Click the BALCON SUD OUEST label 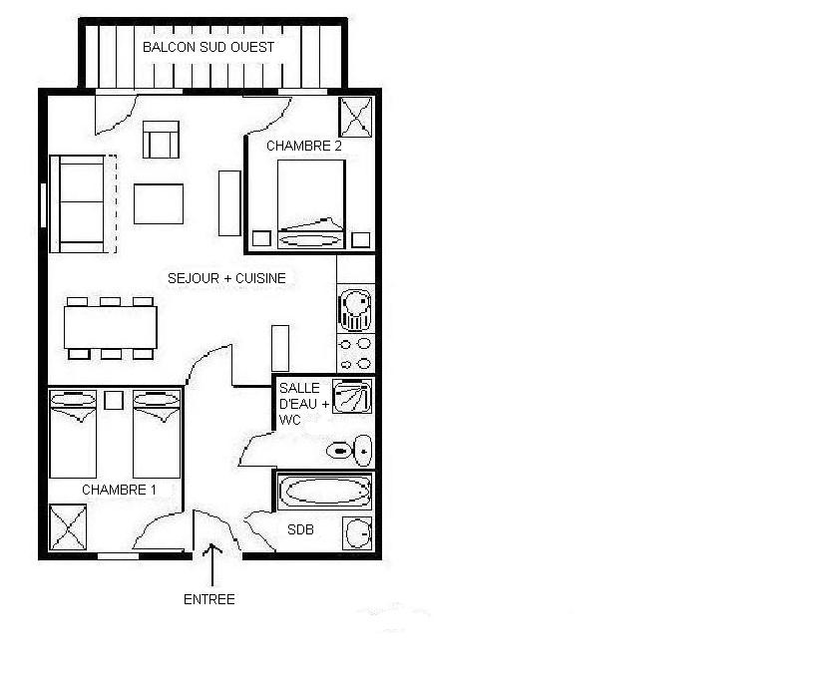click(208, 47)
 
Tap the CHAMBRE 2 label click(304, 146)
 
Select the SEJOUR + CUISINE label click(226, 279)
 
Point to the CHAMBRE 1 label click(120, 490)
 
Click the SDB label click(301, 530)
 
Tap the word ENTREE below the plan click(209, 599)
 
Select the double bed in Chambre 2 click(310, 203)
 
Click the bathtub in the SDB click(324, 492)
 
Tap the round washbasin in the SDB click(357, 534)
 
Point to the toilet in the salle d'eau click(350, 451)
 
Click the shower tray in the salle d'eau click(352, 398)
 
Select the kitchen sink click(354, 309)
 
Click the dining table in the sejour click(111, 326)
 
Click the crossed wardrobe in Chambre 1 click(68, 526)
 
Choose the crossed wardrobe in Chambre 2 click(356, 117)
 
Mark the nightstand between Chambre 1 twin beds click(114, 401)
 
